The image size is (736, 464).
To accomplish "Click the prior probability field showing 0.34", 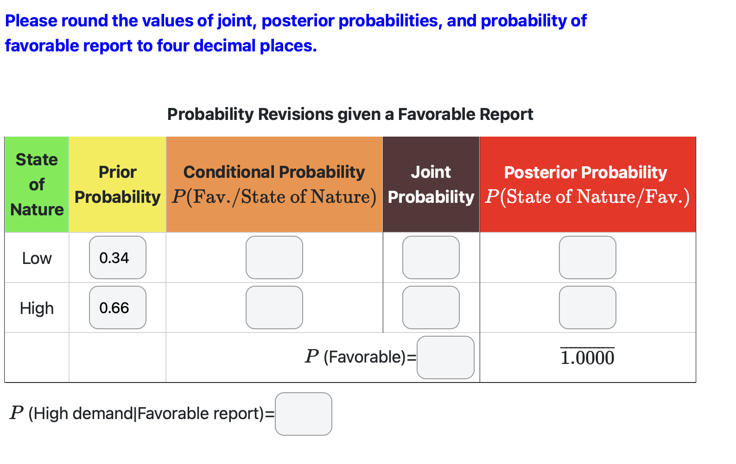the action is [x=118, y=257].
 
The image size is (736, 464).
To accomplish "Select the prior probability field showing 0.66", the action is [x=118, y=307].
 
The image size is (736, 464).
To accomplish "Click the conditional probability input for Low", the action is [x=274, y=257].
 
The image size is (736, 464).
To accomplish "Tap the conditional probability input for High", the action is [x=274, y=307].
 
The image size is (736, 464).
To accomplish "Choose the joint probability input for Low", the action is [x=431, y=257].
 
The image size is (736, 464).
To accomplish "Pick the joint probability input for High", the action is [x=431, y=307].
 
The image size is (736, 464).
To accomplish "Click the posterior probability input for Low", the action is [x=588, y=257].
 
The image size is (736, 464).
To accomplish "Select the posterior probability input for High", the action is [x=588, y=307].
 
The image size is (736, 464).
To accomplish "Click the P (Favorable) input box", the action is [x=445, y=357].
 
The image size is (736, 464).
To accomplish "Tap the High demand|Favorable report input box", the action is [x=304, y=414].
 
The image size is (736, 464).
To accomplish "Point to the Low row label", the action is [x=37, y=258].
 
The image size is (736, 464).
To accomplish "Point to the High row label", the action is [x=37, y=308].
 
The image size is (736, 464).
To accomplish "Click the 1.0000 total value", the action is [x=588, y=358].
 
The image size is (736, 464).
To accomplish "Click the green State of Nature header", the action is [x=37, y=185].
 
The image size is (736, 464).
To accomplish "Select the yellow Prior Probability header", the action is [x=118, y=185].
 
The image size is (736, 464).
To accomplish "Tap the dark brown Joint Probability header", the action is [x=431, y=185].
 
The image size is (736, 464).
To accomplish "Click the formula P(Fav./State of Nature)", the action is [x=274, y=197].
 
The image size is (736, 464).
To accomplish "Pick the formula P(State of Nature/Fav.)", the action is [x=588, y=197].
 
